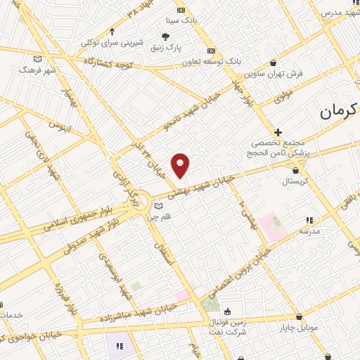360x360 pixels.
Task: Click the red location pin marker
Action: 181,165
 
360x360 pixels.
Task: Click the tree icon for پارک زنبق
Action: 166,37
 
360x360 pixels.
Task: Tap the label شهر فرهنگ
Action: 37,71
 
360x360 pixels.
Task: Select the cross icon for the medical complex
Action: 278,131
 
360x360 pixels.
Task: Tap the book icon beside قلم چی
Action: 157,206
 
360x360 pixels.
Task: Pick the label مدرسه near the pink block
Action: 309,231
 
